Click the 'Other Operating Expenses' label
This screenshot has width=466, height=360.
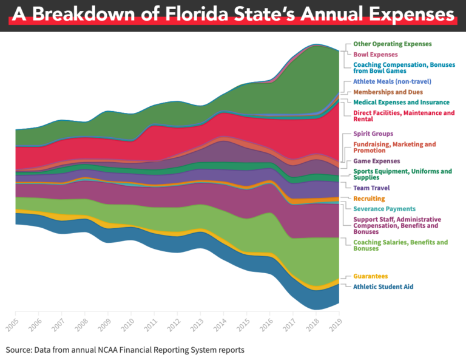click(x=393, y=44)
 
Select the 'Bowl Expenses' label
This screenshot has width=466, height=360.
click(x=376, y=54)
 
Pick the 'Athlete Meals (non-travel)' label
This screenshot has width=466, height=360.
click(x=393, y=81)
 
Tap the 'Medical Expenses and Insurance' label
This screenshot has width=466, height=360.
click(x=401, y=102)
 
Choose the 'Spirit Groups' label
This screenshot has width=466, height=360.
click(x=373, y=134)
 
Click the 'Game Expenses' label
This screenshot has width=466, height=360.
click(x=377, y=161)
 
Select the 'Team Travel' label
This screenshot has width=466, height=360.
click(x=371, y=188)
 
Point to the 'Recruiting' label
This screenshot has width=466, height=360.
click(x=369, y=199)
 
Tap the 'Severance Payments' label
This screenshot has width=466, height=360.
click(x=384, y=209)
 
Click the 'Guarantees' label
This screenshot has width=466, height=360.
click(x=370, y=276)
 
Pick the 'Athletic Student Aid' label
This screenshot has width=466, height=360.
click(x=383, y=287)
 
